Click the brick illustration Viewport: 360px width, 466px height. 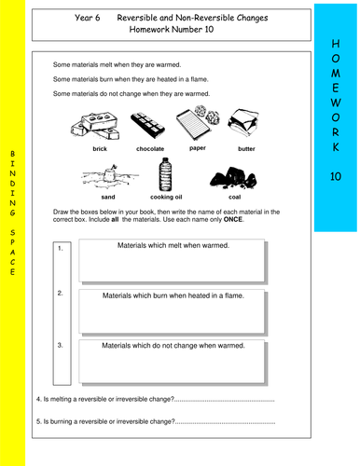coord(95,127)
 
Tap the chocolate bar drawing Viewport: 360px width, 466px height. coord(147,125)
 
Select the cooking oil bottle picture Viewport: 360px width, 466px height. coord(165,174)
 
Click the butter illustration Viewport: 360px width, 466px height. coord(243,122)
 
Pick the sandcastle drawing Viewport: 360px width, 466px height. coord(110,176)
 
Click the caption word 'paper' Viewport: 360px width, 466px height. coord(198,148)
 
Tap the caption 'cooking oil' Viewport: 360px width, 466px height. coord(166,197)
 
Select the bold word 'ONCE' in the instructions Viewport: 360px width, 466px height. coord(233,219)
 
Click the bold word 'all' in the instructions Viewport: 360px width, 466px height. coord(115,219)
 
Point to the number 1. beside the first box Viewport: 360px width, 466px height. coord(61,248)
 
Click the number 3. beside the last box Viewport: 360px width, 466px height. coord(61,345)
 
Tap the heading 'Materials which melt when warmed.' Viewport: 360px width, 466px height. coord(173,245)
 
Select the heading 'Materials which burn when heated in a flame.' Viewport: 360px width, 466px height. coord(173,295)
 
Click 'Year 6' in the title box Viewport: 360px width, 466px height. coord(88,18)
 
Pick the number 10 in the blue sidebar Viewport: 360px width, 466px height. coord(336,176)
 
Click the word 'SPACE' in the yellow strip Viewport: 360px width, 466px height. coord(12,252)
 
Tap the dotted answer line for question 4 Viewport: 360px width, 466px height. coord(225,401)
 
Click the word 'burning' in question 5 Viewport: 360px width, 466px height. coord(61,421)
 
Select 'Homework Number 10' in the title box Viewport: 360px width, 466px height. coord(172,30)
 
